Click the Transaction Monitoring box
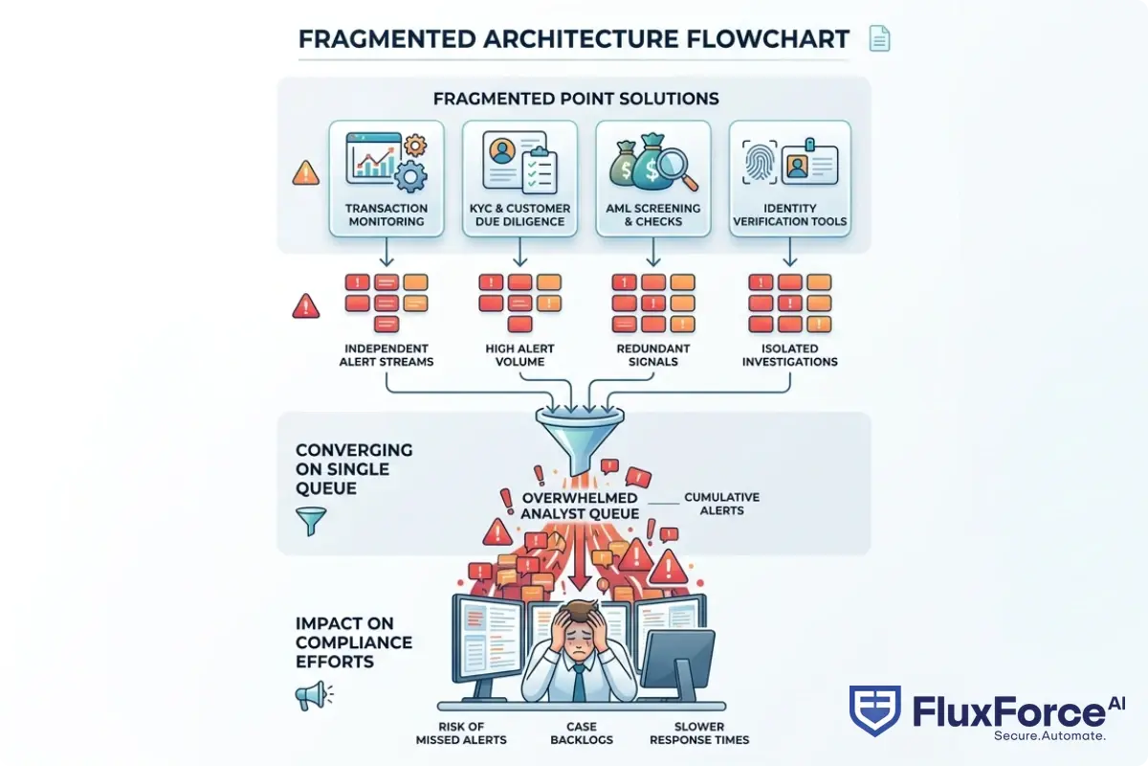(386, 179)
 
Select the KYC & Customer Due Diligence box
(519, 179)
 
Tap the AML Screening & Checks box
(653, 179)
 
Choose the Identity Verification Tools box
(789, 179)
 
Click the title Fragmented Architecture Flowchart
(574, 39)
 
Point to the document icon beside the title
(878, 39)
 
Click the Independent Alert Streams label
(387, 355)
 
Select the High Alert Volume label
(520, 355)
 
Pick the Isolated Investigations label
(790, 355)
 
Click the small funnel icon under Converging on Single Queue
(311, 521)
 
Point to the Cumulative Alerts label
(722, 504)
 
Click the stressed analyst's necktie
(579, 683)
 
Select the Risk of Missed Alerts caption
(461, 733)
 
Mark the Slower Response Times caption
(699, 733)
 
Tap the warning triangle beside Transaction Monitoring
(306, 173)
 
